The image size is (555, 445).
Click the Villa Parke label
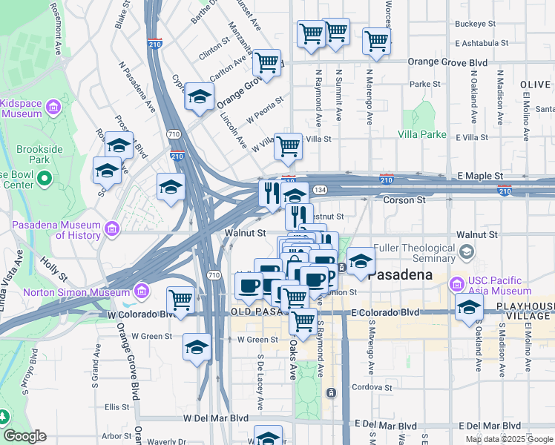click(422, 134)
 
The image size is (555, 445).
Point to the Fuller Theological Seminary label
click(414, 253)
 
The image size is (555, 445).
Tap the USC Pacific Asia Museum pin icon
click(458, 283)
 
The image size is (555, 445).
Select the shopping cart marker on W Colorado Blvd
click(180, 300)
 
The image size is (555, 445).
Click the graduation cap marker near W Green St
click(197, 346)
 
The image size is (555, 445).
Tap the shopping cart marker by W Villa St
click(288, 146)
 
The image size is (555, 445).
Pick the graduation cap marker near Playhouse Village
click(469, 307)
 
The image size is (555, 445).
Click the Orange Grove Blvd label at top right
click(451, 62)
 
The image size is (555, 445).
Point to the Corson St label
click(404, 200)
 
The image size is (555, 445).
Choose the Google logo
click(24, 436)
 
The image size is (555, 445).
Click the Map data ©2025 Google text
click(509, 439)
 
